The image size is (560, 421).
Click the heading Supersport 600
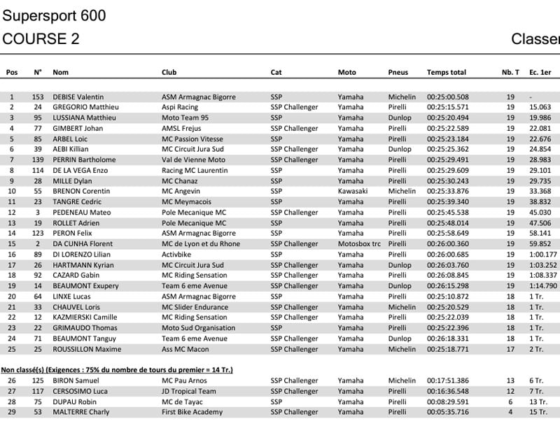[x=55, y=15]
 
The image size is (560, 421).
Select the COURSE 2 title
[x=41, y=39]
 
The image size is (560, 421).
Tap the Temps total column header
[x=447, y=72]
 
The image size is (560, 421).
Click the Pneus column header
[x=398, y=72]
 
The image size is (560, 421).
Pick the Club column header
[x=169, y=72]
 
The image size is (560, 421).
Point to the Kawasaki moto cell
[x=352, y=192]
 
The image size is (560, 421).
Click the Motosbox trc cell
[x=359, y=244]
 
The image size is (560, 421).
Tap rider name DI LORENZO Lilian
[x=82, y=255]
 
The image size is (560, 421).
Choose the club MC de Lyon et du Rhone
[x=201, y=244]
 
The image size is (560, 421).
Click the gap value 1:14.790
[x=543, y=286]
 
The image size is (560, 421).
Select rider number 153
[x=38, y=97]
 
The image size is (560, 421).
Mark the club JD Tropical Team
[x=189, y=392]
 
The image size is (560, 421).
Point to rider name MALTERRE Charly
[x=81, y=413]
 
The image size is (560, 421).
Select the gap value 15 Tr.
[x=538, y=413]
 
